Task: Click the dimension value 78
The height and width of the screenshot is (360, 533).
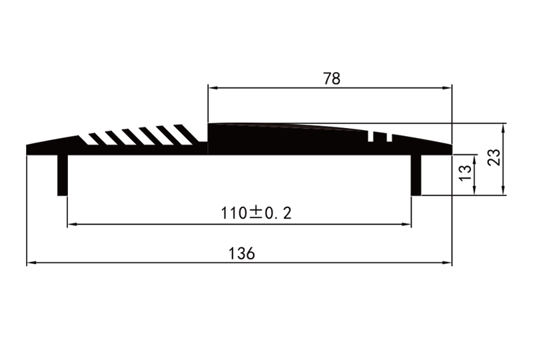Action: [332, 78]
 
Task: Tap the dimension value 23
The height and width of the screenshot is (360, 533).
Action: [494, 158]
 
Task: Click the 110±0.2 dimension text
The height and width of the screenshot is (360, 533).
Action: [258, 213]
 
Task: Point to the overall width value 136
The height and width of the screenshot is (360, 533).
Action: [241, 254]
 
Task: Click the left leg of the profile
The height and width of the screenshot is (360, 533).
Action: [63, 175]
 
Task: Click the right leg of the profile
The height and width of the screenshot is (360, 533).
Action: [416, 175]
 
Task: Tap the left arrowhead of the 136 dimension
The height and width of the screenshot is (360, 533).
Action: [31, 263]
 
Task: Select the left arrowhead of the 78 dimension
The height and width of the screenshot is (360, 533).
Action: [212, 87]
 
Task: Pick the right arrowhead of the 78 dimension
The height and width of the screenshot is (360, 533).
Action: [448, 87]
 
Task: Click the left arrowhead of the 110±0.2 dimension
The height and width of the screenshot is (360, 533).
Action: [71, 225]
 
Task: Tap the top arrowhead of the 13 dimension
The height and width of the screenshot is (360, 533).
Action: [474, 159]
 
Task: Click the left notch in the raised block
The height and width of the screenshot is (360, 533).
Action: [372, 137]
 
